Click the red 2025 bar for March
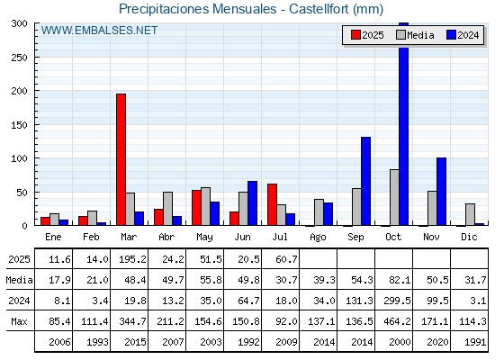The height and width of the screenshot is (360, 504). tap(121, 159)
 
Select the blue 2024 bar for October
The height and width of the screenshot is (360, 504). tap(404, 124)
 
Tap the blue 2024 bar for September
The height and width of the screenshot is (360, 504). tap(365, 181)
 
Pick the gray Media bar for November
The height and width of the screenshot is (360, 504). tap(432, 208)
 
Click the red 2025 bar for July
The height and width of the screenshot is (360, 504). tap(272, 204)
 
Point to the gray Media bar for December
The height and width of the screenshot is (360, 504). tap(470, 214)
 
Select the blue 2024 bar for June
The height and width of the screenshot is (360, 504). tap(252, 203)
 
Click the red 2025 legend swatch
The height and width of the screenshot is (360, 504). tap(355, 35)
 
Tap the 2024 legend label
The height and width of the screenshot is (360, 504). tap(468, 35)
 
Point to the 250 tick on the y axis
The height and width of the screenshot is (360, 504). tap(19, 58)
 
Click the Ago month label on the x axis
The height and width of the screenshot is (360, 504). tap(318, 238)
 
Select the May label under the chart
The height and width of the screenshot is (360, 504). tap(204, 238)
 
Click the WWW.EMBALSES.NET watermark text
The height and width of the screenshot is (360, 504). tap(99, 31)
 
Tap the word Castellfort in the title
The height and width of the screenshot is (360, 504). tap(319, 9)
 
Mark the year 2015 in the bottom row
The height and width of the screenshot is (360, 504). tap(135, 342)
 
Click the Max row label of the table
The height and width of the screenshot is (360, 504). tap(19, 321)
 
